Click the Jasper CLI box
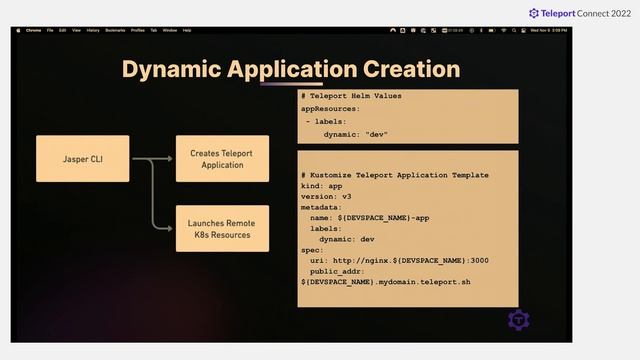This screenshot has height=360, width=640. [83, 158]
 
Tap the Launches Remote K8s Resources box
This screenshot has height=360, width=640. [221, 229]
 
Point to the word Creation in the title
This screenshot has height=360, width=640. [411, 69]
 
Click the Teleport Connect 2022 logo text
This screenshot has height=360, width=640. [581, 13]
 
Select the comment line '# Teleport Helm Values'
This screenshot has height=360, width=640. [350, 96]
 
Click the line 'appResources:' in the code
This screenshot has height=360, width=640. [330, 108]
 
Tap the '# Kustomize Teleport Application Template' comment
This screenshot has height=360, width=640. [394, 175]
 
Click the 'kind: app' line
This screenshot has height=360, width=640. [322, 186]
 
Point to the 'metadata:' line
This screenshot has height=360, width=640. [323, 207]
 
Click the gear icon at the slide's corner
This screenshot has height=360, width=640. [518, 320]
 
